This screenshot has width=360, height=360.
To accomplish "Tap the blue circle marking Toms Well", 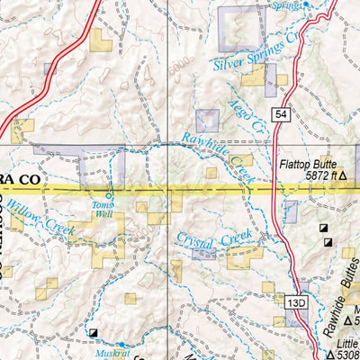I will click(110, 194).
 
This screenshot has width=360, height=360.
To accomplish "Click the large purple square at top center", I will click(238, 28).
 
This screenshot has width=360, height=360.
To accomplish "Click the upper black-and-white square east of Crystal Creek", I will click(324, 229).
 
